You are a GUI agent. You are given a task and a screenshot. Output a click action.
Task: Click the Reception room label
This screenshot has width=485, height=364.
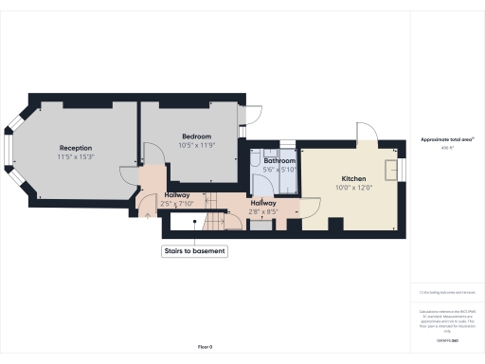(75, 148)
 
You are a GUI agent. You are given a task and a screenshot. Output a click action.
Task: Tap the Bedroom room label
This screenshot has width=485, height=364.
(197, 136)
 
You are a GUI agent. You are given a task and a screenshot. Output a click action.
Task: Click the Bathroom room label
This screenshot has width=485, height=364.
(279, 161)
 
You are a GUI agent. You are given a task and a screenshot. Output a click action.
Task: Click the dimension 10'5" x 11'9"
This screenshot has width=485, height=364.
(197, 145)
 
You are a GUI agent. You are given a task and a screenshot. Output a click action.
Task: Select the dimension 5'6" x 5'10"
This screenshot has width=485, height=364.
(279, 170)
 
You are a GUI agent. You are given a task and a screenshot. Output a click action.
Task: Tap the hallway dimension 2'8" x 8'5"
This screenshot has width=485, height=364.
(262, 210)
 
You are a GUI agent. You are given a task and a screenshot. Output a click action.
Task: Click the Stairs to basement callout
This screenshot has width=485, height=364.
(194, 252)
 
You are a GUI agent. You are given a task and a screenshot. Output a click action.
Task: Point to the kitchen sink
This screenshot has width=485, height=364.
(391, 169)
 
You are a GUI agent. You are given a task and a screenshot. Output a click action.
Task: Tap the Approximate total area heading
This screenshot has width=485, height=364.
(446, 139)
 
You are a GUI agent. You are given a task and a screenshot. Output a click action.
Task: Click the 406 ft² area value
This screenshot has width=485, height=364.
(446, 148)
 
